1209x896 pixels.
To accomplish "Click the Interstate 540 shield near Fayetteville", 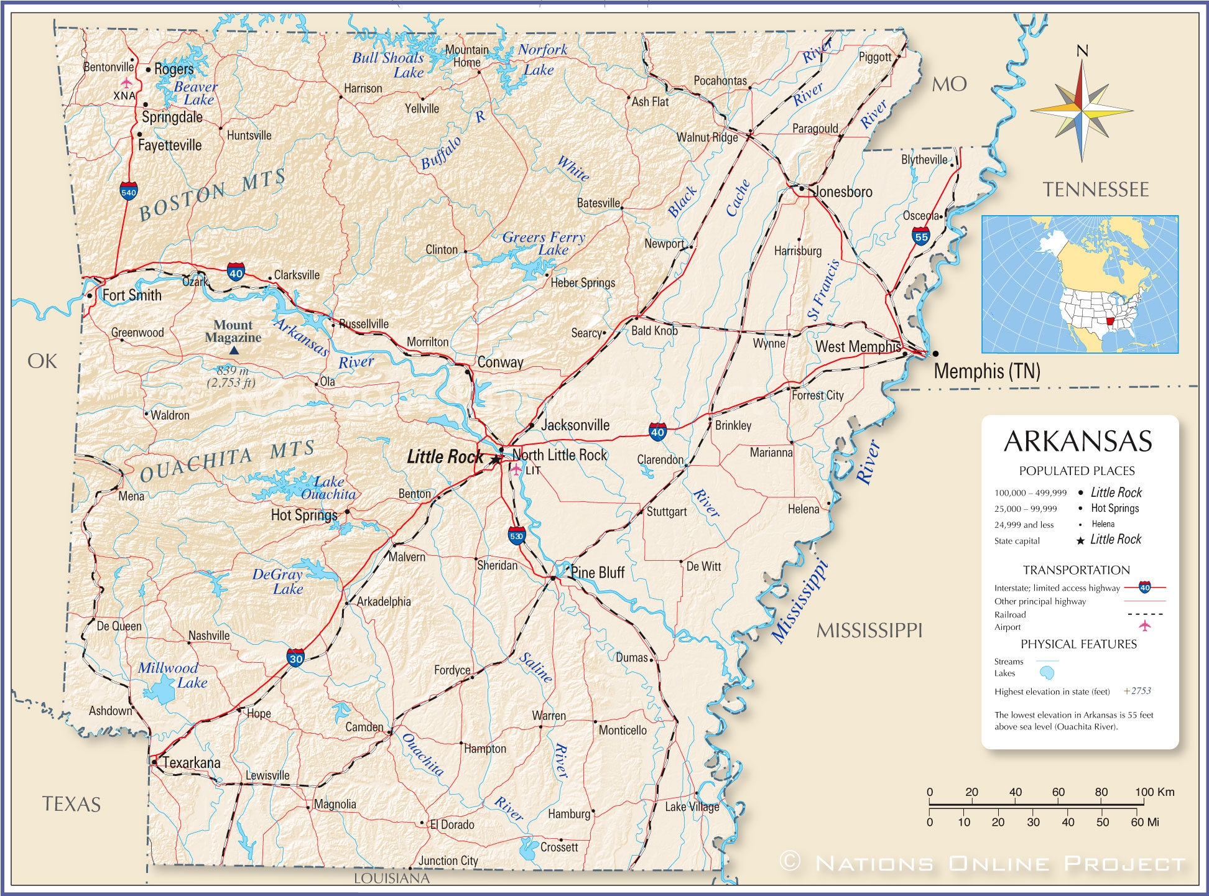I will (x=129, y=192).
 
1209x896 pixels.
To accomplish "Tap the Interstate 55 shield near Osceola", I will (x=921, y=236).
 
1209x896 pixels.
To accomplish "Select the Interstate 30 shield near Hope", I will (x=296, y=658).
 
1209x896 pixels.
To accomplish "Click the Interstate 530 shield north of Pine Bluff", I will (x=516, y=535).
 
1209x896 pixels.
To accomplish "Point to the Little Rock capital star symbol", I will (x=495, y=460).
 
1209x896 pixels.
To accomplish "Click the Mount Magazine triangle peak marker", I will (x=233, y=351).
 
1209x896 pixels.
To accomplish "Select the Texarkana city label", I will (x=192, y=762).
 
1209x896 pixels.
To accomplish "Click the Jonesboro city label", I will (x=843, y=192).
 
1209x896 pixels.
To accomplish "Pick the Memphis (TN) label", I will (x=987, y=371).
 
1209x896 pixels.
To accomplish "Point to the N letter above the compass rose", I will (x=1082, y=51).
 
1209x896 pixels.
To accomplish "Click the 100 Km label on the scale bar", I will (x=1155, y=792).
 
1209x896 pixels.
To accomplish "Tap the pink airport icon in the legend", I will (x=1144, y=626).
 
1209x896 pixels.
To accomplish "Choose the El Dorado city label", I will (x=452, y=824).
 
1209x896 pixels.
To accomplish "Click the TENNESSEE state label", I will (x=1096, y=190).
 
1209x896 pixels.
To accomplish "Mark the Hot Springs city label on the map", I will (x=304, y=515).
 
